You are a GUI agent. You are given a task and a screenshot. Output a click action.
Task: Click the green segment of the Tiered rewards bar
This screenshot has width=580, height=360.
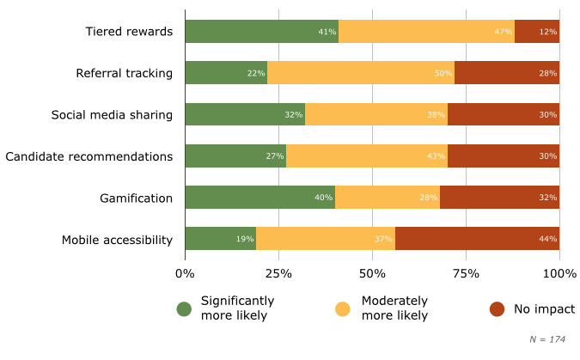261,32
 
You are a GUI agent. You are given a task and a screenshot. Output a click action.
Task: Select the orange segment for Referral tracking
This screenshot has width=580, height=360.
361,73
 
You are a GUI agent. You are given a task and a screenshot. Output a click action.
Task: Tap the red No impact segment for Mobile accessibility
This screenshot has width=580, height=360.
477,239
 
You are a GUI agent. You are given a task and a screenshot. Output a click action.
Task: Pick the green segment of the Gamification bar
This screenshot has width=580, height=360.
259,198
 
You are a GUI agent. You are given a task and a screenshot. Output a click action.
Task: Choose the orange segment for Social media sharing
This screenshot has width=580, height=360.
376,114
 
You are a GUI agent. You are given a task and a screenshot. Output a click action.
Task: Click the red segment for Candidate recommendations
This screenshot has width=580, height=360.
503,156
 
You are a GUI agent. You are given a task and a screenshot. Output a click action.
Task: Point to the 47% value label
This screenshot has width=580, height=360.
504,32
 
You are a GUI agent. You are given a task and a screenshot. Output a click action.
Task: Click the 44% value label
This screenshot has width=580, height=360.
548,239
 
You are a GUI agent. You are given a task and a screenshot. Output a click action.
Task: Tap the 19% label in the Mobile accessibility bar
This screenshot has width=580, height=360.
245,239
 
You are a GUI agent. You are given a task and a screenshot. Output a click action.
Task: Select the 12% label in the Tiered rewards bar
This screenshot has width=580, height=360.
548,32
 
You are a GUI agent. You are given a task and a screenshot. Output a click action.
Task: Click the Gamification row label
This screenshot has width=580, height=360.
136,198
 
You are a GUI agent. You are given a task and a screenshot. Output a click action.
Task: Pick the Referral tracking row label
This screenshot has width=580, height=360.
124,73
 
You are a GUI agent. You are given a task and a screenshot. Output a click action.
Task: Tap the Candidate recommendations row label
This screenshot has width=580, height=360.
89,156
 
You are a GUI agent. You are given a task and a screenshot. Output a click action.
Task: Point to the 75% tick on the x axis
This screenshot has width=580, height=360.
466,273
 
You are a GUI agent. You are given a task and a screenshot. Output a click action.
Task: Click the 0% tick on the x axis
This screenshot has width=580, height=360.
185,273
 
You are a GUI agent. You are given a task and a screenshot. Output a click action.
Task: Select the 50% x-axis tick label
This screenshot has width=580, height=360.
372,273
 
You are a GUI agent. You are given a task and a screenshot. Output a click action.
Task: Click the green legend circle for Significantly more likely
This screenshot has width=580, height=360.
184,308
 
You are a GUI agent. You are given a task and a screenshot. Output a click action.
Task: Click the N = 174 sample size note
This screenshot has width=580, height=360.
547,339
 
